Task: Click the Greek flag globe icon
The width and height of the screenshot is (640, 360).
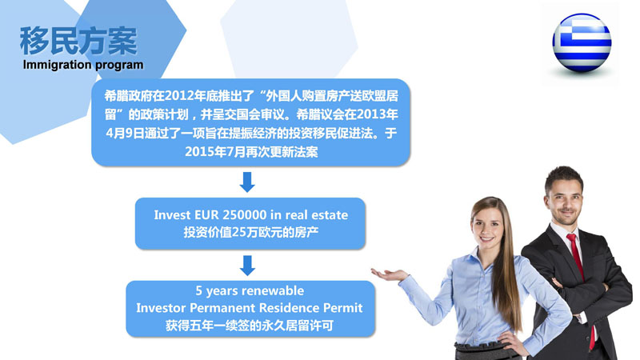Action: (x=582, y=43)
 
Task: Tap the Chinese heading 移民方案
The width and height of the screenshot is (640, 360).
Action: (x=78, y=41)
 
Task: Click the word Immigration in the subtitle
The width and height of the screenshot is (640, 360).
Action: (x=57, y=65)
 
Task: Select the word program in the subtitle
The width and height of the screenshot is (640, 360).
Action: (x=119, y=66)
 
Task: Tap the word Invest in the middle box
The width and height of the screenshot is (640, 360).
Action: (x=172, y=214)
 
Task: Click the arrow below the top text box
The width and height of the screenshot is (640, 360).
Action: (x=247, y=182)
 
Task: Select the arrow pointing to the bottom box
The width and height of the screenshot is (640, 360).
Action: (x=247, y=266)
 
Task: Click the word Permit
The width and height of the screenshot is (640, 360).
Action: (x=342, y=308)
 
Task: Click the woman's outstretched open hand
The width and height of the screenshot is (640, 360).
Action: (x=389, y=274)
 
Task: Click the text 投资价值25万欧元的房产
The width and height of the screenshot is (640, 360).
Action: (x=250, y=232)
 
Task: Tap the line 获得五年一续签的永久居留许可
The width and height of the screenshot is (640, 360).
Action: (x=250, y=326)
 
